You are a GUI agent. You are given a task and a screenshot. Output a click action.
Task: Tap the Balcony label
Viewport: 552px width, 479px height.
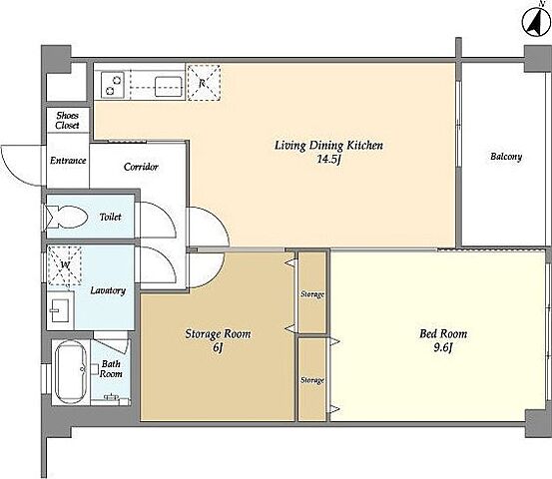[x=506, y=157]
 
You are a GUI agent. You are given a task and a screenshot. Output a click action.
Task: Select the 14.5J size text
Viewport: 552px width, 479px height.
[x=329, y=160]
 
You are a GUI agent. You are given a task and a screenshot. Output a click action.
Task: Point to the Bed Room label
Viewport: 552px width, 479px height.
[x=443, y=333]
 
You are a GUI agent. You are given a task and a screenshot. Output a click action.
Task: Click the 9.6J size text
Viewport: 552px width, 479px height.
[x=443, y=347]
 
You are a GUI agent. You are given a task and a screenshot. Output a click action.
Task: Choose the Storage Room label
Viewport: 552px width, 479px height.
[x=218, y=333]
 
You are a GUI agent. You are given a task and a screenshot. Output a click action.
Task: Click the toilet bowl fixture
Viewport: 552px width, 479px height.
[x=67, y=217]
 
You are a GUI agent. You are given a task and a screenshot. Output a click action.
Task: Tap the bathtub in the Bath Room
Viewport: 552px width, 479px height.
[x=71, y=371]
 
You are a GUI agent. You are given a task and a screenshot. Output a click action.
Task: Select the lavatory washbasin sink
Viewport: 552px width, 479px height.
[x=60, y=310]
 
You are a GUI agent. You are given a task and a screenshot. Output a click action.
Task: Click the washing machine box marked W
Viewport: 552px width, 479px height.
[x=65, y=265]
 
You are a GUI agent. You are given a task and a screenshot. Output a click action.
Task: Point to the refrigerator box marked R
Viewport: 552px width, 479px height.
[x=204, y=83]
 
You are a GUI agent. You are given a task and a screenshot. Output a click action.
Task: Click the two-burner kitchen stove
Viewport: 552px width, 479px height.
[x=113, y=85]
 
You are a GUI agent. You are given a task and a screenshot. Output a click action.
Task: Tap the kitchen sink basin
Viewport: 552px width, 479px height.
[x=169, y=86]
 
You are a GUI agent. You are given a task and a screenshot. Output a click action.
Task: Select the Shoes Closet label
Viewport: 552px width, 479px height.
[x=67, y=120]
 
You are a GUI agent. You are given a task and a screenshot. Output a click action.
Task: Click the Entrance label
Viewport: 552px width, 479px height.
[x=68, y=161]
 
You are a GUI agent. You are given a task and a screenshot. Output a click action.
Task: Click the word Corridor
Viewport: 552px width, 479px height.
[x=141, y=167]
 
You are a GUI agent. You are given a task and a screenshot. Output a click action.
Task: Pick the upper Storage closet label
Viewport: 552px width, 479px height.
[x=312, y=293]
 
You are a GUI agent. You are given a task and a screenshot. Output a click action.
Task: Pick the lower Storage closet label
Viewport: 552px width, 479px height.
[x=312, y=380]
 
